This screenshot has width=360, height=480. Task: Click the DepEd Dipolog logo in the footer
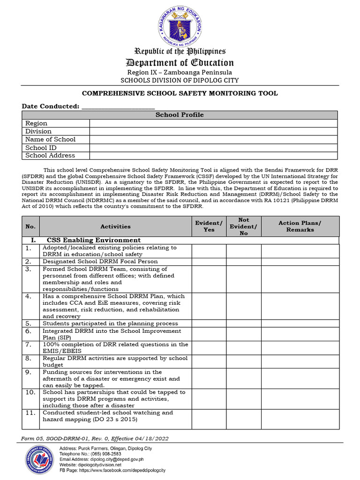tap(40, 459)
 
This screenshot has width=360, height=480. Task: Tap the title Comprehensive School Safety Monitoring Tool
tap(180, 93)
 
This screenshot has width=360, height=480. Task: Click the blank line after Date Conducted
tap(118, 107)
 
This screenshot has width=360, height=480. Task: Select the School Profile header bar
tap(180, 115)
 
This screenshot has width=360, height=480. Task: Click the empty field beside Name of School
tap(213, 140)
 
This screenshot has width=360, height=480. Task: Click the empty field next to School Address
tap(213, 156)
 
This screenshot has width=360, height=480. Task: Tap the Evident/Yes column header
tap(209, 226)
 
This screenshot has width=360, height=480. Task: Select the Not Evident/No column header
tap(244, 226)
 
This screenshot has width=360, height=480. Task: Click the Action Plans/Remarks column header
tap(300, 226)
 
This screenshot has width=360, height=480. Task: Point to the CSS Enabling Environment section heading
tap(94, 240)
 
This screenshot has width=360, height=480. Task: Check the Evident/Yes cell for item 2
tap(209, 262)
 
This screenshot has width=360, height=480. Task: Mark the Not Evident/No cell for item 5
tap(244, 323)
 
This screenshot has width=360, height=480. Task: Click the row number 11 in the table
tap(30, 413)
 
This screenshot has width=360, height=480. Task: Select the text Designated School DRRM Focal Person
tap(100, 262)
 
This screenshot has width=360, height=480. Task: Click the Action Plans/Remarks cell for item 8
tap(300, 361)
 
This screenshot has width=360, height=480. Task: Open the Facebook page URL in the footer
tap(122, 470)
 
